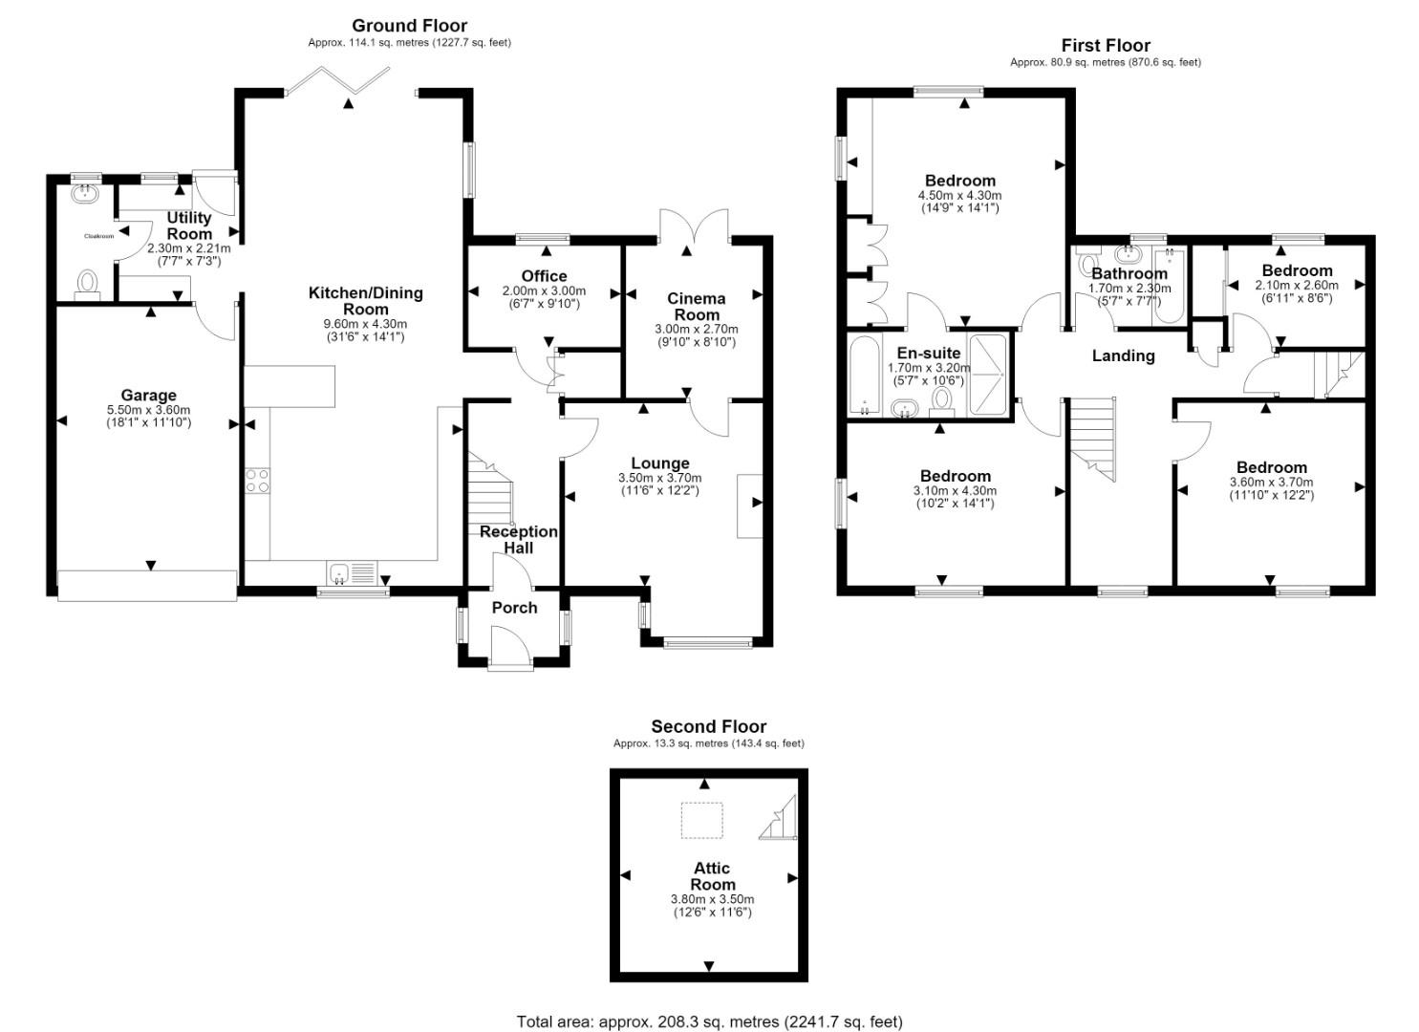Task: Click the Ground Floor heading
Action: (x=409, y=26)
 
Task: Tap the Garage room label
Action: (x=148, y=396)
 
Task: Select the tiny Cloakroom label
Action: (x=98, y=236)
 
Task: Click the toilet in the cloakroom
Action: (x=87, y=284)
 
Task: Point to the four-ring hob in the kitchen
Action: (x=257, y=481)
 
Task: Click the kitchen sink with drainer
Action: (x=353, y=574)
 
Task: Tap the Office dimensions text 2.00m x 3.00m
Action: (x=544, y=291)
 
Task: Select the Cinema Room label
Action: (x=697, y=307)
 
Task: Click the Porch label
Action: (x=514, y=608)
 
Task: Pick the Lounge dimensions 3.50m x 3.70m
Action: (x=660, y=479)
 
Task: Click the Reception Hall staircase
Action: (x=489, y=488)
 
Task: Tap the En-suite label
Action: (x=929, y=354)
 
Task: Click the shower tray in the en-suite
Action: (x=987, y=376)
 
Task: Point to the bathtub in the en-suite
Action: (x=865, y=376)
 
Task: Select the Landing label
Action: (x=1123, y=356)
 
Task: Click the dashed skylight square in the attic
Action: (x=702, y=821)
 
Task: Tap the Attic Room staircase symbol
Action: (x=778, y=817)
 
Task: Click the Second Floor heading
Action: (x=709, y=726)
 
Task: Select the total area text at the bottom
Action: (x=709, y=1003)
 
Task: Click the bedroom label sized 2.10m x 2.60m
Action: (x=1297, y=270)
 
